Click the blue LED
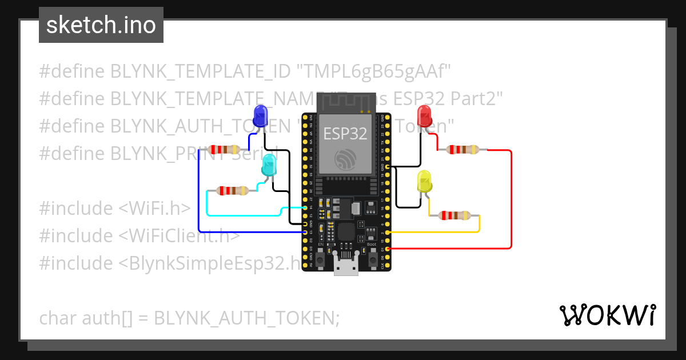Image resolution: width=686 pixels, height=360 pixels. [260, 116]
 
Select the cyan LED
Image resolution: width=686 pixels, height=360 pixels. [268, 165]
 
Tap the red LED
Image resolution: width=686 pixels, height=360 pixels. [425, 116]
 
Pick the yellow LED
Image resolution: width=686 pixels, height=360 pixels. [425, 181]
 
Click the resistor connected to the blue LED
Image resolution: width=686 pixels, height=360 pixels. [225, 150]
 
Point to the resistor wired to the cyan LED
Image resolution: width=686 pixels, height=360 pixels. [233, 190]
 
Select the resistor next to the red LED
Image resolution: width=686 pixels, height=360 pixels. [462, 150]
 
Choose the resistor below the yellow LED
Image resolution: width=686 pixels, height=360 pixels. [454, 215]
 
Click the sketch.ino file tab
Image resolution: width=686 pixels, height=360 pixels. [101, 25]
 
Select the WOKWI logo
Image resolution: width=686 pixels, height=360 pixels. [607, 315]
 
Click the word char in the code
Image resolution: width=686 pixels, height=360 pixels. [59, 317]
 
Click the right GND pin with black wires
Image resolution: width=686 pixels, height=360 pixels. [388, 166]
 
